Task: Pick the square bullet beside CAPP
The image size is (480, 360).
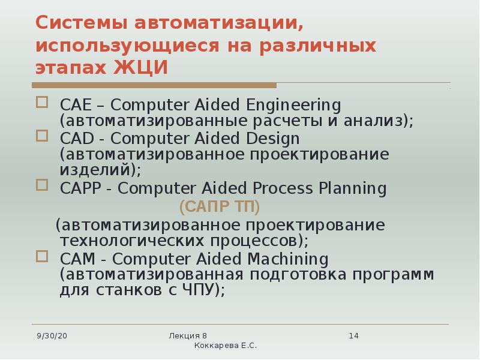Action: pyautogui.click(x=42, y=185)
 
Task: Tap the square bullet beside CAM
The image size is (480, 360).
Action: pyautogui.click(x=42, y=256)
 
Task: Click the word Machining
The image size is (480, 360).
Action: pyautogui.click(x=291, y=259)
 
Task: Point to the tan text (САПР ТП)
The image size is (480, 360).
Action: pyautogui.click(x=220, y=207)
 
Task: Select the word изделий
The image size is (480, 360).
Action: pyautogui.click(x=100, y=170)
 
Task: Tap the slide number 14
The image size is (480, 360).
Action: pyautogui.click(x=353, y=335)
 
